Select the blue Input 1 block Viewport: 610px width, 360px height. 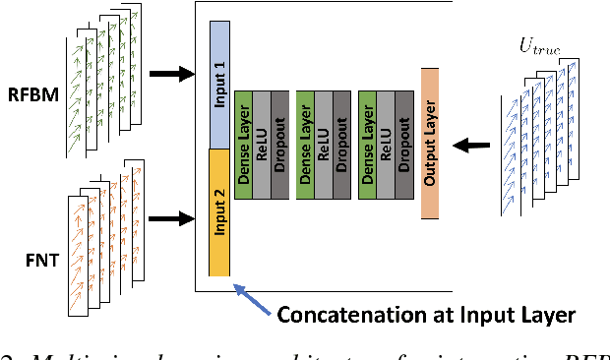click(219, 84)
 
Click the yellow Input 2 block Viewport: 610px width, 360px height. click(219, 211)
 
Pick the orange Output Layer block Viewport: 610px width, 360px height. click(429, 144)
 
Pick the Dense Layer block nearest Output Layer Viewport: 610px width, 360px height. click(367, 138)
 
